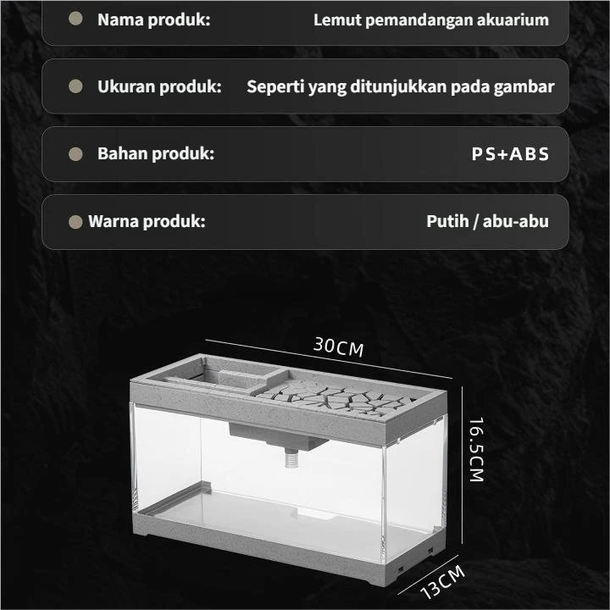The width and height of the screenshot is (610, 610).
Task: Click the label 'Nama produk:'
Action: click(153, 19)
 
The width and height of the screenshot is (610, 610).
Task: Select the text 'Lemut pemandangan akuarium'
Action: click(431, 20)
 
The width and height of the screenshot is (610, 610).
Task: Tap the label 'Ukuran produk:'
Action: click(159, 86)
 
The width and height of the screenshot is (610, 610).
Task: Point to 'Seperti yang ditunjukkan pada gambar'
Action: click(400, 87)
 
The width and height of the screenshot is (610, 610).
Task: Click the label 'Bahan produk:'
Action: click(156, 153)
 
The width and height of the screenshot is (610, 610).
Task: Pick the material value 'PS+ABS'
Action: click(510, 154)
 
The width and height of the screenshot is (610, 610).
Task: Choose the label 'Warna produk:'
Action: click(147, 221)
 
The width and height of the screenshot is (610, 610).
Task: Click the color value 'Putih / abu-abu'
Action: click(487, 221)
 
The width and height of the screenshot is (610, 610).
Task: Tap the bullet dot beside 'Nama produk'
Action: click(75, 19)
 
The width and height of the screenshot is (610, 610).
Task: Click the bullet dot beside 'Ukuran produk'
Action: click(75, 86)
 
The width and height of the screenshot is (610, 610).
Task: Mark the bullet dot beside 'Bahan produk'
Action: click(75, 154)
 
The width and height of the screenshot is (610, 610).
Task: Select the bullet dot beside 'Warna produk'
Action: click(75, 222)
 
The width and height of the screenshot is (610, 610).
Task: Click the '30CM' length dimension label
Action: click(338, 347)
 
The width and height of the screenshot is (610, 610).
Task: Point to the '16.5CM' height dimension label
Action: click(476, 450)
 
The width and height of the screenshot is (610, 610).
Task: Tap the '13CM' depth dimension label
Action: click(443, 581)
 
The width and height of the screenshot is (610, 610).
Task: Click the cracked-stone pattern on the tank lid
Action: click(336, 396)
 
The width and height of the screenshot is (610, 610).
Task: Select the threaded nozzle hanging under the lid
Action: click(291, 457)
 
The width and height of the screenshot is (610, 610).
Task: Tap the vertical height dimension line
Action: click(463, 465)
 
